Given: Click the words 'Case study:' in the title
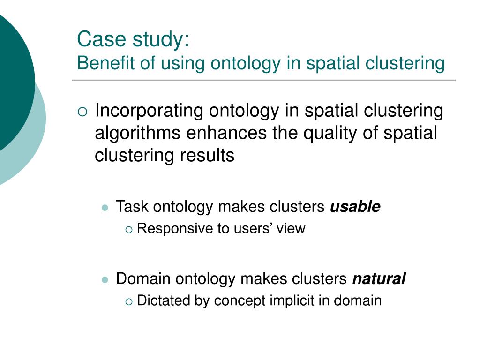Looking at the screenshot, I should coord(133,39).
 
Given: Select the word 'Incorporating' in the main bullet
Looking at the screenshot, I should coord(149,112).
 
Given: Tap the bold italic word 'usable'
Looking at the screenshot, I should coord(355,207).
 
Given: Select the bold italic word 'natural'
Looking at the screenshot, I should coord(379,279).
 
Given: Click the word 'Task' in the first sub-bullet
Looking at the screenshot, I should coord(133,207).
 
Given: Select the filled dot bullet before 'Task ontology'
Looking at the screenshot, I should coord(105,207).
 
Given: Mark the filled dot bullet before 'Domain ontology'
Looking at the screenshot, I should coord(105,279).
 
